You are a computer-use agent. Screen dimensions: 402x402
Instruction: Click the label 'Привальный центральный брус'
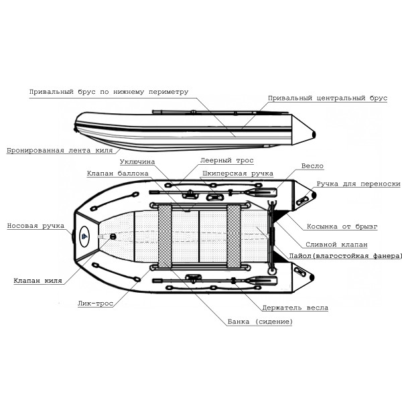327,98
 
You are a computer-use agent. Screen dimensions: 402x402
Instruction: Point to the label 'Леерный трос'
226,161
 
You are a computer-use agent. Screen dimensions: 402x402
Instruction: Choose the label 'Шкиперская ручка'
238,173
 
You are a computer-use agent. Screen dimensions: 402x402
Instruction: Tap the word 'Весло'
313,165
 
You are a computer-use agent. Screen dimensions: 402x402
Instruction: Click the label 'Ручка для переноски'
358,183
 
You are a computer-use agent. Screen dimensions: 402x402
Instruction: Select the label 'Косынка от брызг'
342,226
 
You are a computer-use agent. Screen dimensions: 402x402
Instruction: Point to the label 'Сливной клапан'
336,244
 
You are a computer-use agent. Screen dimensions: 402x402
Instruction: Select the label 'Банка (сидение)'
260,322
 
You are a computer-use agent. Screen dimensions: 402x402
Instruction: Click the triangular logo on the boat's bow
85,235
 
